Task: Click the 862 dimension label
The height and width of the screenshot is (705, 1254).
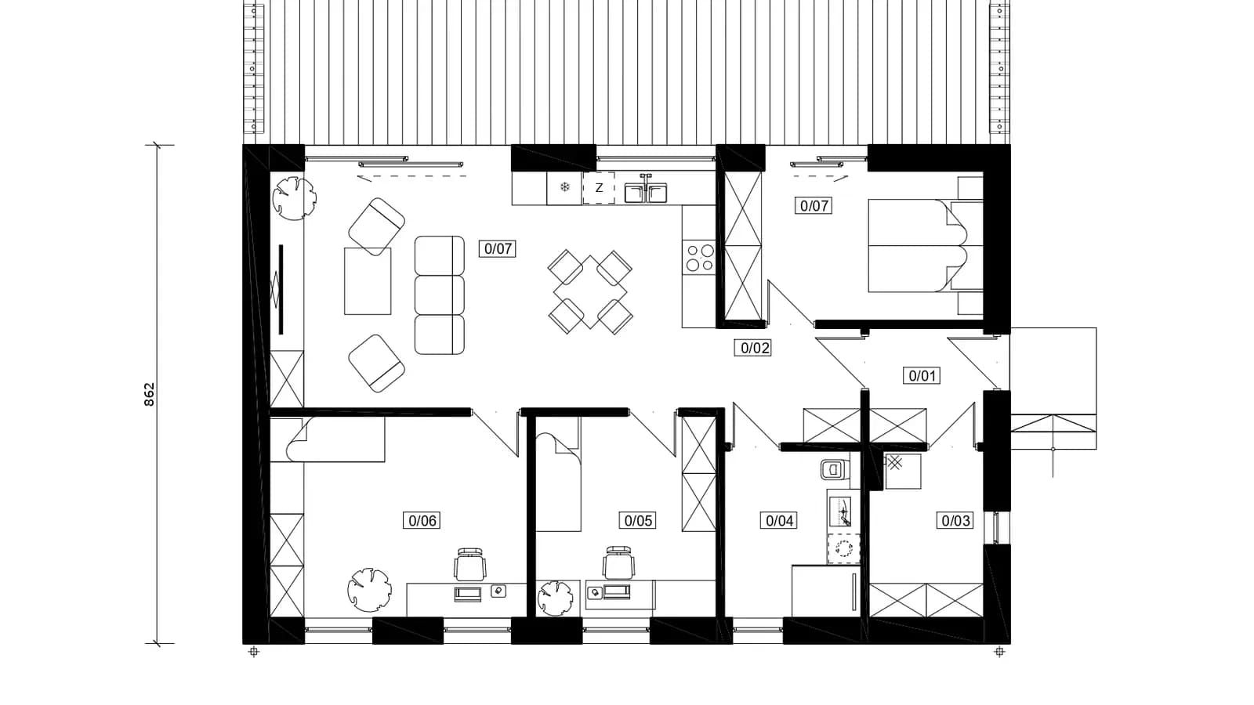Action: pyautogui.click(x=149, y=395)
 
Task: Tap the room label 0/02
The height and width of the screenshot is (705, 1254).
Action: pyautogui.click(x=755, y=348)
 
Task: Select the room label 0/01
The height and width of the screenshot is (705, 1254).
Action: pyautogui.click(x=922, y=375)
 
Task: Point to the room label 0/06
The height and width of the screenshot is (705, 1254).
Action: pyautogui.click(x=422, y=520)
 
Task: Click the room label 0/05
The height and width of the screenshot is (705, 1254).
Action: pyautogui.click(x=638, y=520)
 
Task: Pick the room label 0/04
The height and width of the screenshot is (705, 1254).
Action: pyautogui.click(x=779, y=520)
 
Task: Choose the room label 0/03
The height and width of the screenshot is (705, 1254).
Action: pyautogui.click(x=955, y=520)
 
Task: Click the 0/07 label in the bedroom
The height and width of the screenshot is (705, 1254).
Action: pyautogui.click(x=814, y=205)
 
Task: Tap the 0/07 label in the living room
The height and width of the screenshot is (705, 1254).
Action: pyautogui.click(x=497, y=248)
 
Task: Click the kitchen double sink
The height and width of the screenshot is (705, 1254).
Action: pyautogui.click(x=646, y=190)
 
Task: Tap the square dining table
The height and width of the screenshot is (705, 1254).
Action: pyautogui.click(x=590, y=292)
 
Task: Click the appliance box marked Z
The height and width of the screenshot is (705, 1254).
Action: pyautogui.click(x=599, y=188)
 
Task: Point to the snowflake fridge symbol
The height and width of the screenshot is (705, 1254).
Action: pyautogui.click(x=565, y=187)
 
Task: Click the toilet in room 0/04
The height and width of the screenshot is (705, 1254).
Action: pyautogui.click(x=834, y=469)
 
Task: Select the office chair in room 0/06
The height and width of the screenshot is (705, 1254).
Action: pyautogui.click(x=469, y=564)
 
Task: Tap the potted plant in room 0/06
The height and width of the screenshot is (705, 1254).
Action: pyautogui.click(x=369, y=590)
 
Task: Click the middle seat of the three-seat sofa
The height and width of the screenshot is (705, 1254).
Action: pyautogui.click(x=440, y=295)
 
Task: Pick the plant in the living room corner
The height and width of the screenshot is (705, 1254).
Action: pyautogui.click(x=294, y=197)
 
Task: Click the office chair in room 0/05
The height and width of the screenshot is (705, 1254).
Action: pyautogui.click(x=618, y=563)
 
